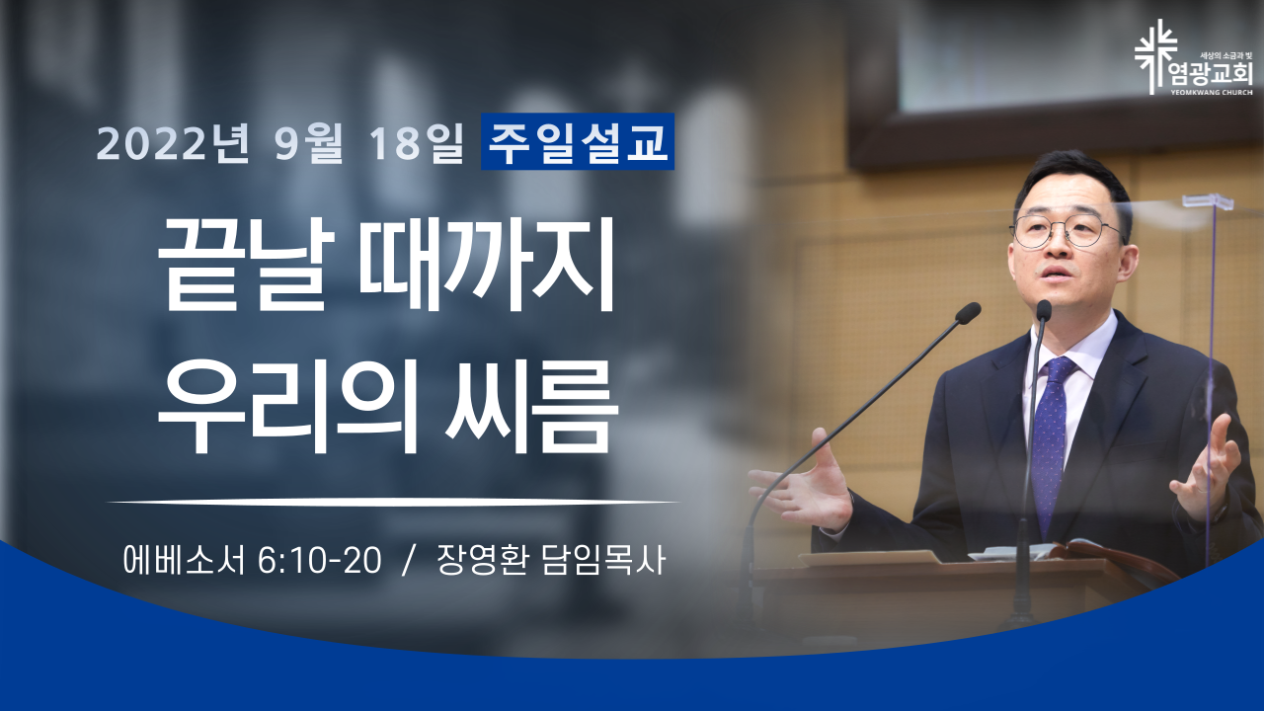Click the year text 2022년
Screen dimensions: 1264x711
point(173,143)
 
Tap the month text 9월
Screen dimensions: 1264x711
point(309,143)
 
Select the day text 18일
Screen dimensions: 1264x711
point(417,143)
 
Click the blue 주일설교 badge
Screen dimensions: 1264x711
point(578,141)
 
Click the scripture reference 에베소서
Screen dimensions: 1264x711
point(184,561)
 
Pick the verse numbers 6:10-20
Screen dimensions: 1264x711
point(319,562)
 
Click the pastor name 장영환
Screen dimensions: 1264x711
point(483,561)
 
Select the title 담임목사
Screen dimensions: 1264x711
point(603,561)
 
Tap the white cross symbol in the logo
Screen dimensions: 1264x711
point(1155,56)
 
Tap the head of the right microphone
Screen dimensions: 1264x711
point(1044,311)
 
